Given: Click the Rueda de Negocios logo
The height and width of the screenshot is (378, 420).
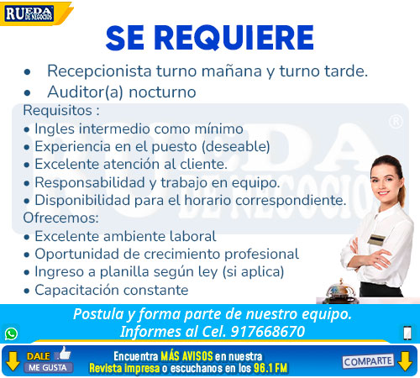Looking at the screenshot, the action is click(29, 14).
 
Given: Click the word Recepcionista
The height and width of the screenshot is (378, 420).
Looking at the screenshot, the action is click(99, 71).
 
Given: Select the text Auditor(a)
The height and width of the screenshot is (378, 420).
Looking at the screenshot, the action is click(85, 92).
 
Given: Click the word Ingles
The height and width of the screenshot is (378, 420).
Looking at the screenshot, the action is click(55, 129).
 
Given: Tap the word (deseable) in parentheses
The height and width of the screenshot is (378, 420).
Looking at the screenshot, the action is click(236, 146).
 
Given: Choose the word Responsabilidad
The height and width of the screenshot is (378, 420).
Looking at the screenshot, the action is click(90, 182).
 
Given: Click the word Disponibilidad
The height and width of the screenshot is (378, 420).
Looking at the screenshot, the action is click(82, 201).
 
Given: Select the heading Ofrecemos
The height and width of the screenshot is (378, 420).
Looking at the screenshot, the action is click(60, 218).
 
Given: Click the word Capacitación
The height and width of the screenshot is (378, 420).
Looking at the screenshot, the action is click(76, 290).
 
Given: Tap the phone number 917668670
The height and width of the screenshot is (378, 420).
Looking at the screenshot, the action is click(268, 332).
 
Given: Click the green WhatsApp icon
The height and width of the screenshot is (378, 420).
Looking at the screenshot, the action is click(11, 333).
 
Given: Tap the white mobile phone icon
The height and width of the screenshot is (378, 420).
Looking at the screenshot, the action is click(407, 333).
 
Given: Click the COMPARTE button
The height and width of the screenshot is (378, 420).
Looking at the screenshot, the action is click(368, 361).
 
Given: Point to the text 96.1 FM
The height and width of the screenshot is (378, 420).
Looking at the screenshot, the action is click(270, 368).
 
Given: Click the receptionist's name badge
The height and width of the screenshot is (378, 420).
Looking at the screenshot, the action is click(376, 240).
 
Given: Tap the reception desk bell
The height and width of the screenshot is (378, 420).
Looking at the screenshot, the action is click(340, 291).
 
